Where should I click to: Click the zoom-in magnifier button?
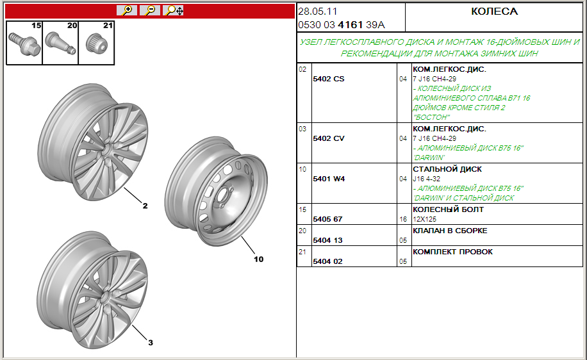[x=127, y=10]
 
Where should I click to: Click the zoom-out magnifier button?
[x=150, y=10]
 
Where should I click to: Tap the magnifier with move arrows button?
[x=173, y=10]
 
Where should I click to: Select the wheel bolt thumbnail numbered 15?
[x=24, y=43]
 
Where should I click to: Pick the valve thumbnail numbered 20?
[x=60, y=43]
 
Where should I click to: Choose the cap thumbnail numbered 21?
[x=96, y=43]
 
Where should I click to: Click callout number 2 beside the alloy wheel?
[x=145, y=206]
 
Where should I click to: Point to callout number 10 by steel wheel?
[x=259, y=259]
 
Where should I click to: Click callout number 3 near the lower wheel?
[x=151, y=343]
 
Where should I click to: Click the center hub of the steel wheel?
[x=222, y=195]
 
